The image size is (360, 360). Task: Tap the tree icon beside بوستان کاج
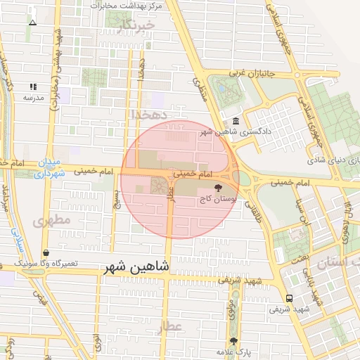[x=219, y=188]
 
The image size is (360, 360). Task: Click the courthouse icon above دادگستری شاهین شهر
[x=235, y=120]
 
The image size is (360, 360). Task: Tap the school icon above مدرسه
[x=33, y=87]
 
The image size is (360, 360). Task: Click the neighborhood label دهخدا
[x=148, y=112]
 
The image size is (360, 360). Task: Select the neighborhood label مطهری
[x=51, y=220]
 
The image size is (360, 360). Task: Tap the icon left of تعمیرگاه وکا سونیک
[x=46, y=252]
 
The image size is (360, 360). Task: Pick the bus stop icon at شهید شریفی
[x=290, y=297]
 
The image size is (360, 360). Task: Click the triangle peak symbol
[x=32, y=22]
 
